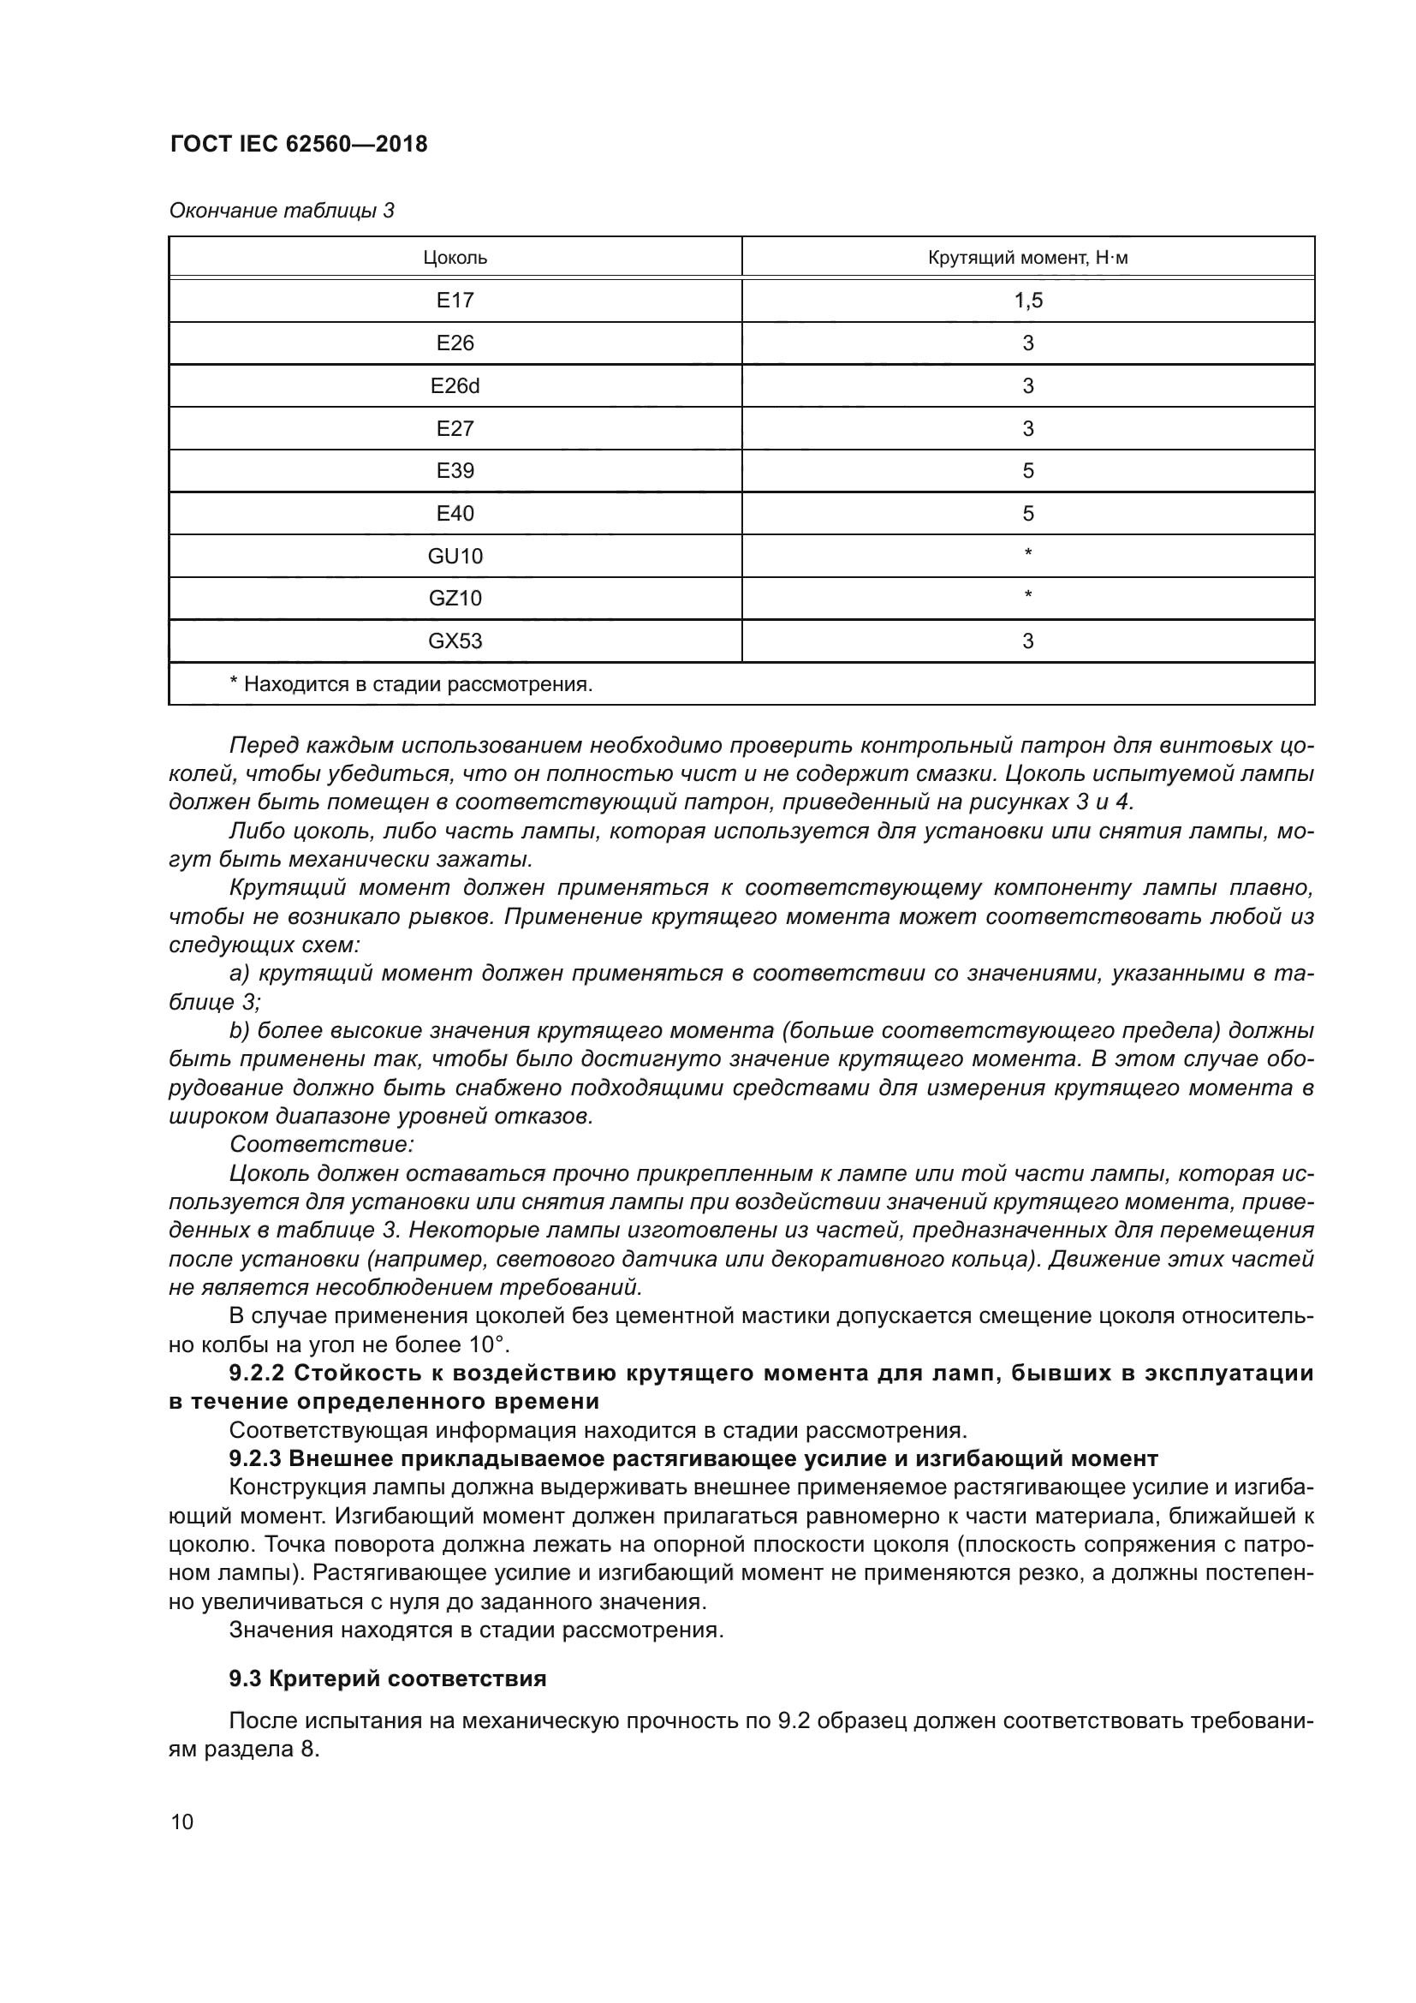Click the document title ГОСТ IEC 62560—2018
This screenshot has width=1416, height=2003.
click(x=299, y=145)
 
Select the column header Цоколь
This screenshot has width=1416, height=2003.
click(x=455, y=259)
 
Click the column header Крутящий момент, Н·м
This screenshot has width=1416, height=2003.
click(x=1027, y=259)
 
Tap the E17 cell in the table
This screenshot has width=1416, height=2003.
click(x=455, y=301)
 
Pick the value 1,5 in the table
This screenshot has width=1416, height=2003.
click(x=1027, y=301)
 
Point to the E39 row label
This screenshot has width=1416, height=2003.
click(x=455, y=471)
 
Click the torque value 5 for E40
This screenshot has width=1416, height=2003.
click(x=1027, y=514)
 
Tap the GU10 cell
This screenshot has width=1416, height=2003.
click(x=455, y=557)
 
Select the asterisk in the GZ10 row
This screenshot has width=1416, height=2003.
click(x=1027, y=597)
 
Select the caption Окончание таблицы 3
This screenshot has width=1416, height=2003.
click(x=282, y=212)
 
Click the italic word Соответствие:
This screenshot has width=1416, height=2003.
click(x=321, y=1144)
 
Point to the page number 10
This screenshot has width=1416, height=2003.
click(x=182, y=1822)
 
